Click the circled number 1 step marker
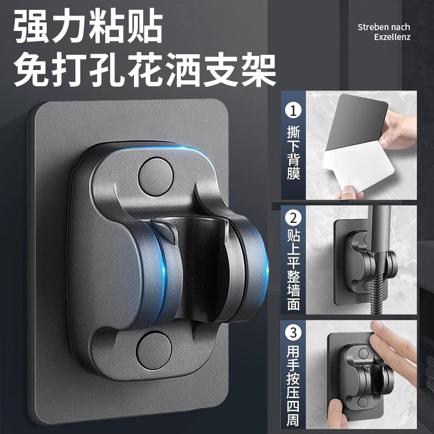[x=293, y=112]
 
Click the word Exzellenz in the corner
[x=392, y=37]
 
